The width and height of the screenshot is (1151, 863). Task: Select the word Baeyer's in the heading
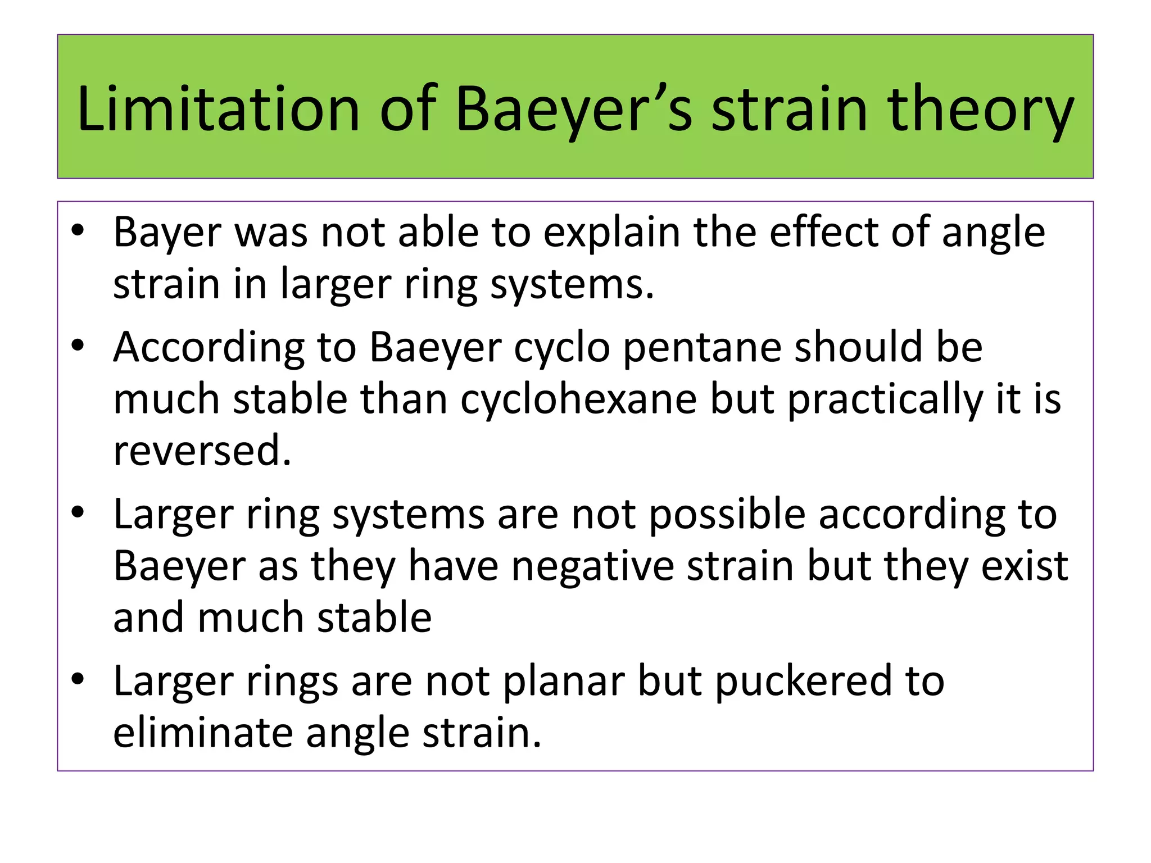(574, 110)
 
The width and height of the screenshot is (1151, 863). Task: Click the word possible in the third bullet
(727, 515)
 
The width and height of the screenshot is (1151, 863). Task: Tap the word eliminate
(203, 733)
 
